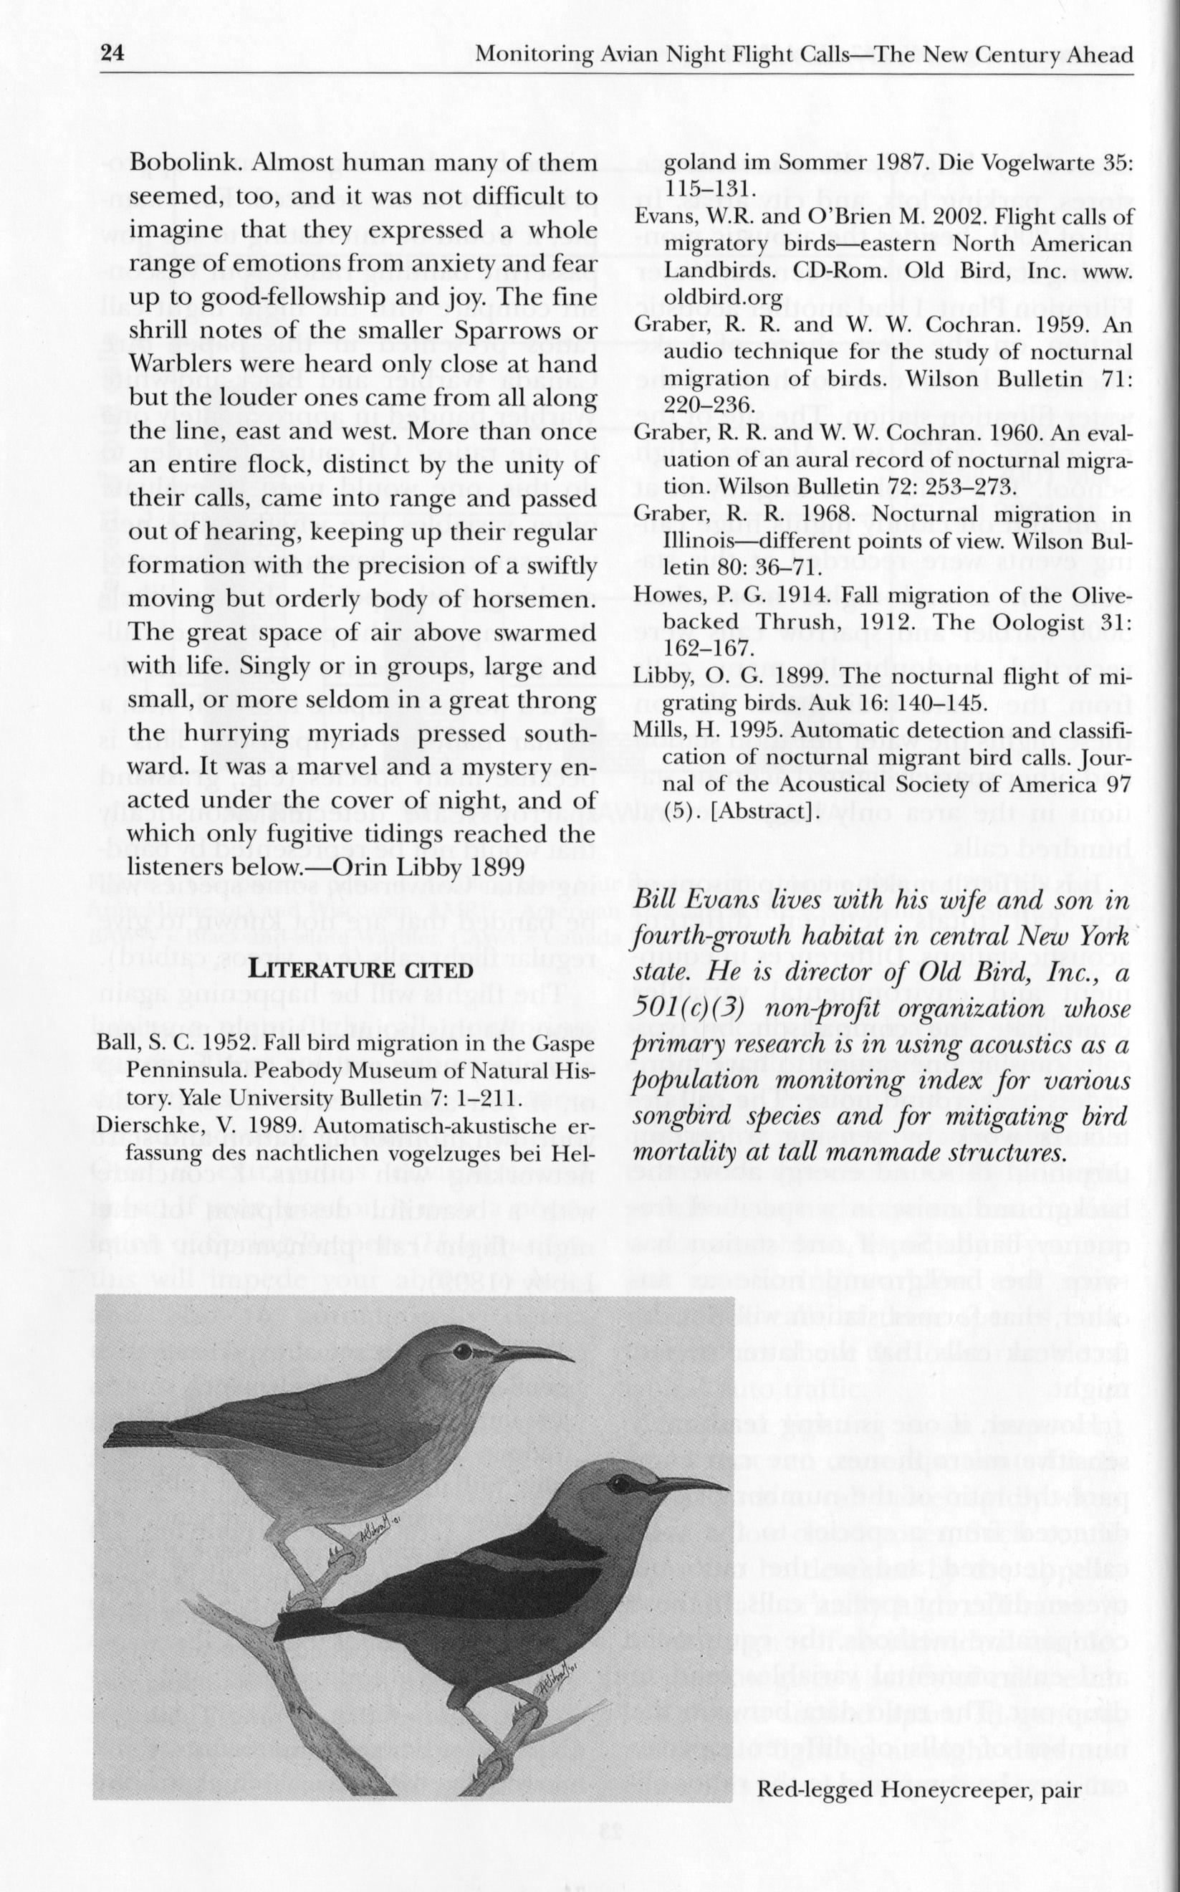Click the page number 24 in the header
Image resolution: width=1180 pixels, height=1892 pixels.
[x=113, y=54]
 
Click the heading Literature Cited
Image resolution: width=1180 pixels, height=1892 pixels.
[x=360, y=970]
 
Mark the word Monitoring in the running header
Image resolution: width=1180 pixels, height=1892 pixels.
[x=536, y=54]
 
